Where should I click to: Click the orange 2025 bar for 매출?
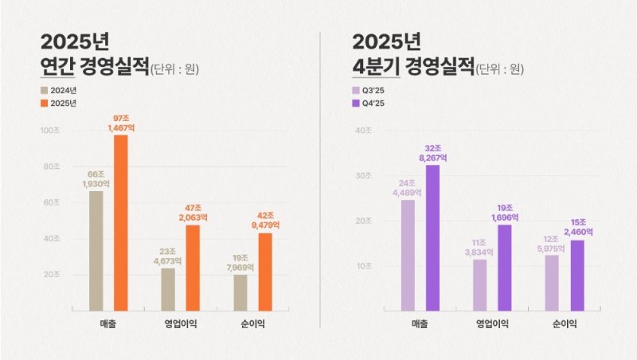pyautogui.click(x=120, y=222)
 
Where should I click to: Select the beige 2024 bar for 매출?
pyautogui.click(x=96, y=250)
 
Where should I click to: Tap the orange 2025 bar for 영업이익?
pyautogui.click(x=193, y=268)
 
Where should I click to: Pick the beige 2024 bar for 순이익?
pyautogui.click(x=240, y=292)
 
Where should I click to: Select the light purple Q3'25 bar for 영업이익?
pyautogui.click(x=479, y=284)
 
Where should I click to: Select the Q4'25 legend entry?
pyautogui.click(x=368, y=104)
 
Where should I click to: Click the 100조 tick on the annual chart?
pyautogui.click(x=49, y=130)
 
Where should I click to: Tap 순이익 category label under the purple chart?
pyautogui.click(x=565, y=323)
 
